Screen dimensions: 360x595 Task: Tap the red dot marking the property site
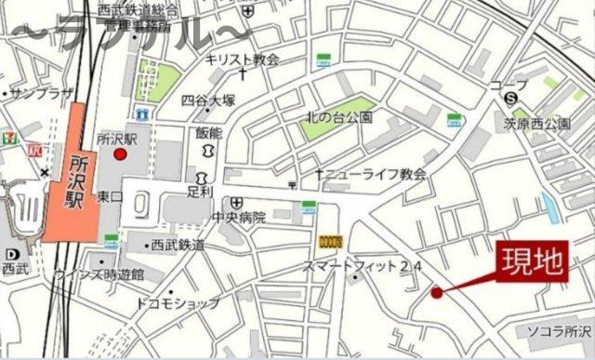tap(436, 293)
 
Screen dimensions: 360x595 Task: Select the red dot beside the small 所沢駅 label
tap(119, 156)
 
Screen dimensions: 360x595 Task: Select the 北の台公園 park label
tap(339, 118)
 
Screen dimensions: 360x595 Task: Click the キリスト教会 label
tap(243, 58)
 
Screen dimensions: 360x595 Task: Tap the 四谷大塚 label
tap(208, 100)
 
